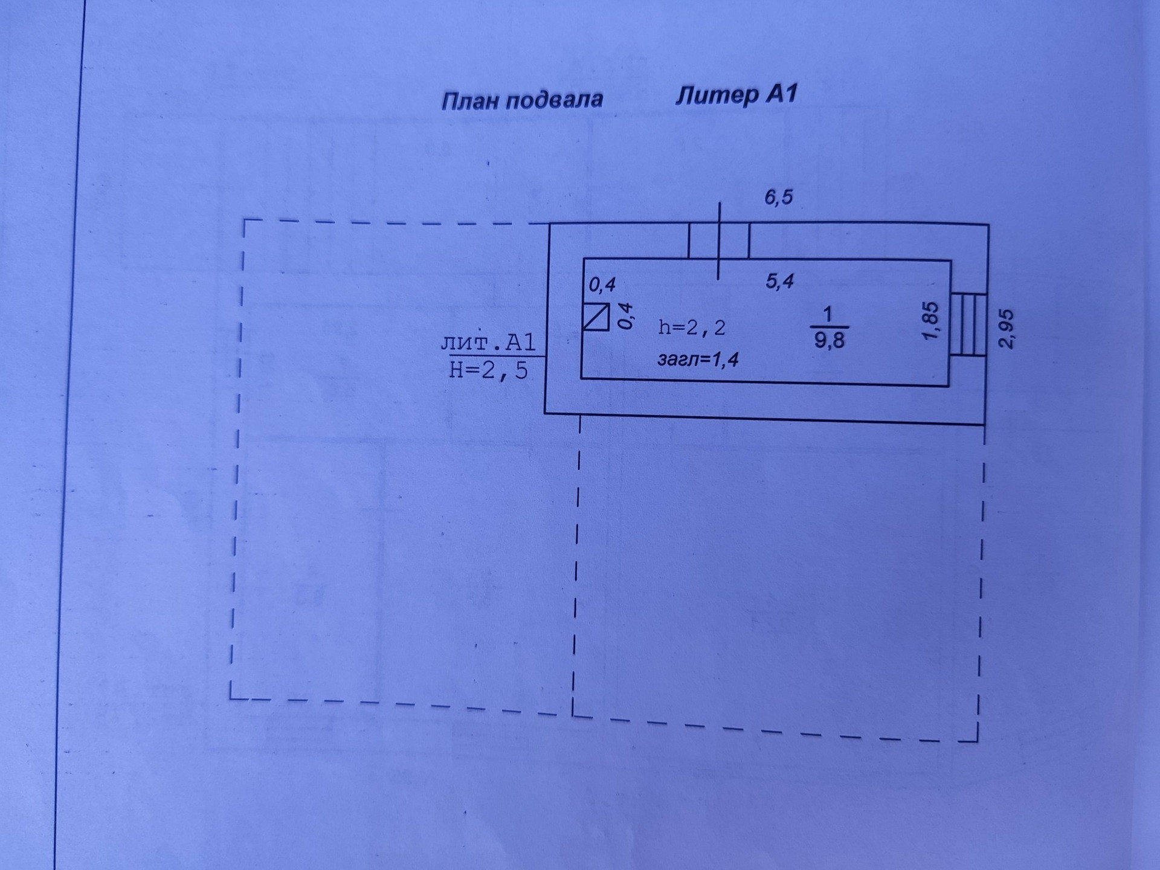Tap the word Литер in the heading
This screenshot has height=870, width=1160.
[717, 96]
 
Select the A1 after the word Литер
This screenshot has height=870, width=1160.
[782, 94]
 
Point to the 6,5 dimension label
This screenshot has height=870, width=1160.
[778, 197]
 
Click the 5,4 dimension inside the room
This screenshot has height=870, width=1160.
[779, 281]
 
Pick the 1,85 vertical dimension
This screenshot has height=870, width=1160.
[931, 321]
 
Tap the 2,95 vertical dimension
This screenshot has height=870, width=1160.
[1006, 329]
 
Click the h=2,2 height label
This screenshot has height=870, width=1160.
[692, 327]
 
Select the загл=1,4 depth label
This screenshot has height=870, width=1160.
[698, 360]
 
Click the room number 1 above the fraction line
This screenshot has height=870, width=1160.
[828, 314]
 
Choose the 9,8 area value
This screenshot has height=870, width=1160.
[830, 340]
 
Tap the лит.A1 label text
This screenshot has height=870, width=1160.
[488, 343]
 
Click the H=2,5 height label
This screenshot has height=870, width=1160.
[488, 370]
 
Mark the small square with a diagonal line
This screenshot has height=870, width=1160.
[596, 317]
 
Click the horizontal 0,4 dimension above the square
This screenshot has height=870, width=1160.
[602, 284]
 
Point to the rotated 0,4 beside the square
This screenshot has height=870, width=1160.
[627, 316]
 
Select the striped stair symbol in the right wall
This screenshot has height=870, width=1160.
[968, 324]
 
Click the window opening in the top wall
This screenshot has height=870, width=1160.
[719, 241]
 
